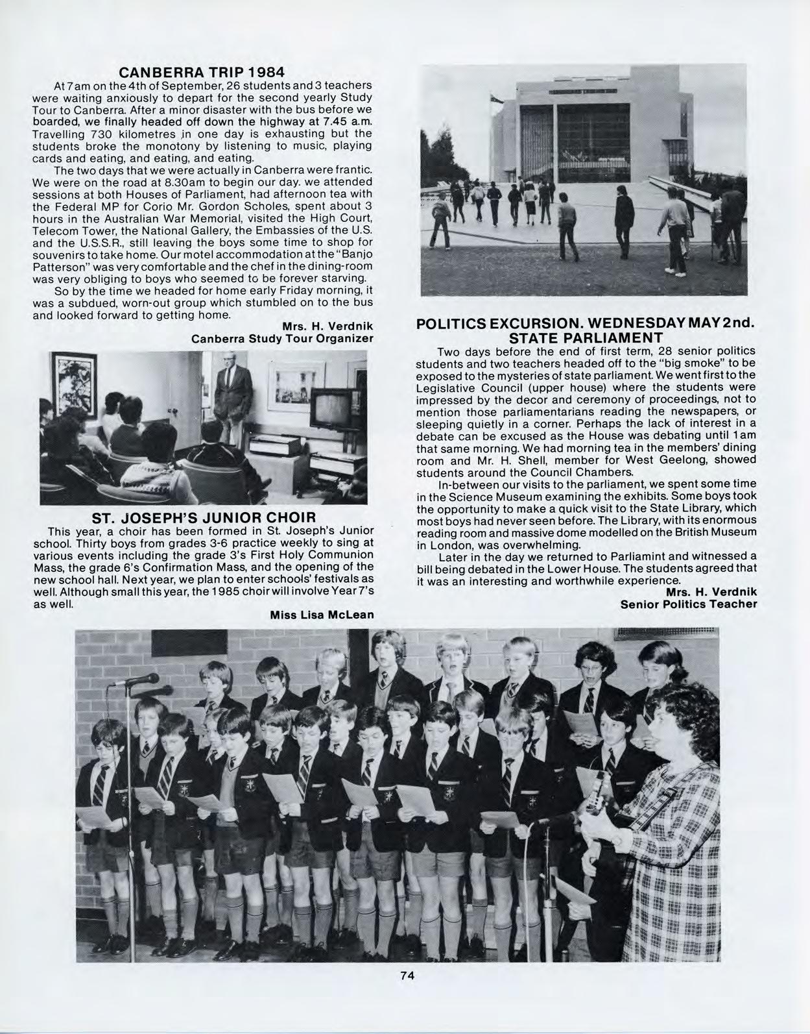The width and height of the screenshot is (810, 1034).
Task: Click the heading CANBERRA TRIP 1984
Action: [201, 71]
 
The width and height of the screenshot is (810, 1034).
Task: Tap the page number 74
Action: [407, 975]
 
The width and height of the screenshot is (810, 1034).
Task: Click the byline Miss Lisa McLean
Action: [322, 615]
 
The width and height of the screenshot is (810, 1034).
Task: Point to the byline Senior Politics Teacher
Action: [689, 604]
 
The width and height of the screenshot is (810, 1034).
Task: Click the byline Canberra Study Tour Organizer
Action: [282, 339]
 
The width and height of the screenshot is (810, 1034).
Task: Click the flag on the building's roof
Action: [496, 99]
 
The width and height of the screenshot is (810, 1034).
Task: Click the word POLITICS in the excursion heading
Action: [451, 324]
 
